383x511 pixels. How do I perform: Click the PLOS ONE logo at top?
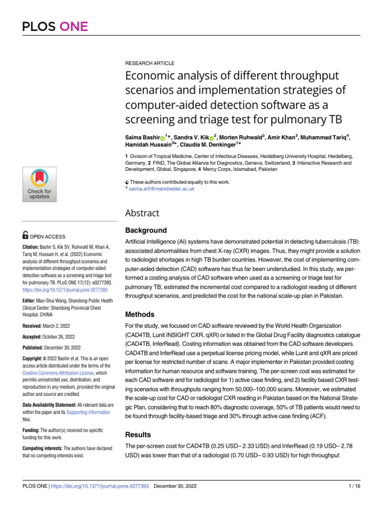(55, 26)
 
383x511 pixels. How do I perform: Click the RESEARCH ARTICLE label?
(149, 63)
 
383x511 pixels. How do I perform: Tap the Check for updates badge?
(39, 185)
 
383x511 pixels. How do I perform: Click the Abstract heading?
(142, 213)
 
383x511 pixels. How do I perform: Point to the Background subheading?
(147, 231)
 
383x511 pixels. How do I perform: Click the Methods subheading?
(140, 315)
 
